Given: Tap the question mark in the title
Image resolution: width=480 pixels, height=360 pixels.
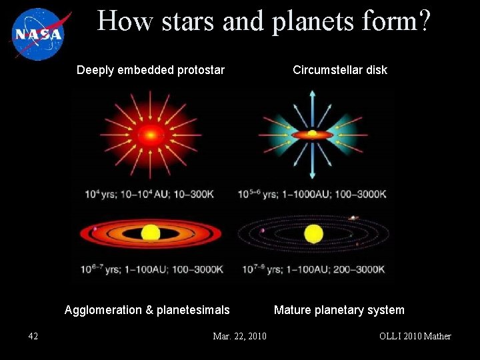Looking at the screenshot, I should [x=423, y=21].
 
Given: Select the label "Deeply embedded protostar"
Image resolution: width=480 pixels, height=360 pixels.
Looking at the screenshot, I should [x=151, y=70].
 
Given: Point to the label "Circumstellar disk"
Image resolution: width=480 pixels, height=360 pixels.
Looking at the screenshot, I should [x=340, y=70].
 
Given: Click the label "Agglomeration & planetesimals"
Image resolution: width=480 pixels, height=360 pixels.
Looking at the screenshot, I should [x=147, y=310].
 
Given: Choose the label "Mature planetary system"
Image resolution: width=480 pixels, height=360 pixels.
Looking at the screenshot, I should [x=339, y=310].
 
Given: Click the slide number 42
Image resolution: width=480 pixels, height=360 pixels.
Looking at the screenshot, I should [x=33, y=336].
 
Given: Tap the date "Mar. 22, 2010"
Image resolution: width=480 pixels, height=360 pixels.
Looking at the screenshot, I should [x=239, y=336].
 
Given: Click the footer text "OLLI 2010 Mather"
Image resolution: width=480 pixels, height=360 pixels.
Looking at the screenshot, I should [x=415, y=336].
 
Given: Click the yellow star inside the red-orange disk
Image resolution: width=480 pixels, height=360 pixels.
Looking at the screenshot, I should [x=151, y=233].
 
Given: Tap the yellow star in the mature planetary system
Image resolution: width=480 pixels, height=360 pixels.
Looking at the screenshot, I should [x=313, y=234].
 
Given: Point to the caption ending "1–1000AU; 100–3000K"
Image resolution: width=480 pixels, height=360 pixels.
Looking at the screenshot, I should [x=312, y=195].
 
